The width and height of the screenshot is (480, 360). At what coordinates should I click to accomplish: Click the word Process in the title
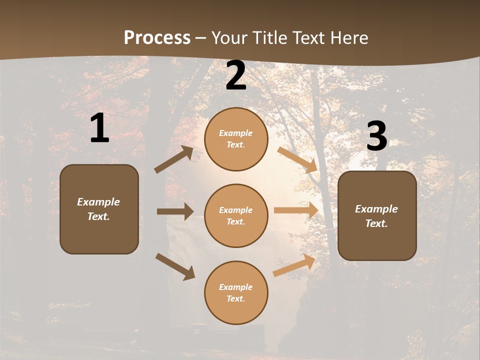click(157, 38)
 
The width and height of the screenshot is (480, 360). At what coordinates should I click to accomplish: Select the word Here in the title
click(349, 38)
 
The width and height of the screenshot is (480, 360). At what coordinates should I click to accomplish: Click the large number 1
click(99, 128)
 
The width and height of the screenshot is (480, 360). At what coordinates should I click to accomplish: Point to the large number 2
click(236, 76)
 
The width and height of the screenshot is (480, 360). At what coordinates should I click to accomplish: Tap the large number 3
click(376, 136)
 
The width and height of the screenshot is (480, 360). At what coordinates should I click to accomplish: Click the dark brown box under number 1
click(99, 209)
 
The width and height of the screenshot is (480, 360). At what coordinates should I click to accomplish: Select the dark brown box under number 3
click(377, 215)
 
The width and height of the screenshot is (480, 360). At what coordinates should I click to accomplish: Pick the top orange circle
click(236, 139)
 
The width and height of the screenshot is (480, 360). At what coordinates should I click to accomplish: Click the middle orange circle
click(236, 215)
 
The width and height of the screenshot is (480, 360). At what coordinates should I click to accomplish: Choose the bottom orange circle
click(236, 292)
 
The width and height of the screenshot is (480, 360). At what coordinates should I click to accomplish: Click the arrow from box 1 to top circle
click(174, 159)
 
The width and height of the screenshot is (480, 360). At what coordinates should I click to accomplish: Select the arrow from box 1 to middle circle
click(175, 211)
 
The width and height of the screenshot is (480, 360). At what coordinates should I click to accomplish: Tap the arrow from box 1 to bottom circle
click(175, 266)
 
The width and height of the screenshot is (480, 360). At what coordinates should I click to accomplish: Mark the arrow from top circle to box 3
click(297, 159)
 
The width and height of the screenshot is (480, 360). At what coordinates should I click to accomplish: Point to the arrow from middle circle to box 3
click(296, 210)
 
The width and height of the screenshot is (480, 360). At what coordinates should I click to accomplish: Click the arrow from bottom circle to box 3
click(294, 265)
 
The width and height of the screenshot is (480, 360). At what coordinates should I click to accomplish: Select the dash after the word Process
click(201, 38)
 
